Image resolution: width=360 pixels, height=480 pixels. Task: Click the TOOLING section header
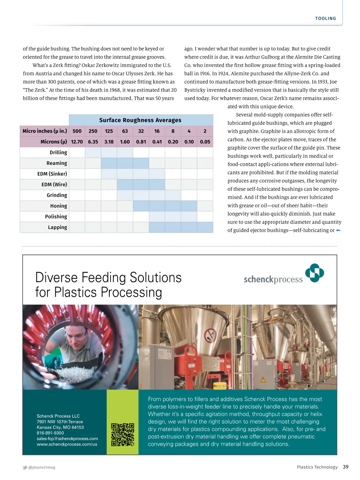(325, 19)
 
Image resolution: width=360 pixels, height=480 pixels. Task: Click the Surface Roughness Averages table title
(140, 120)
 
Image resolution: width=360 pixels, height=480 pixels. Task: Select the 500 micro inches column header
(77, 131)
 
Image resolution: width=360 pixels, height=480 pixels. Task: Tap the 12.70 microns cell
(77, 142)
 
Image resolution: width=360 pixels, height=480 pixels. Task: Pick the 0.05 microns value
(205, 142)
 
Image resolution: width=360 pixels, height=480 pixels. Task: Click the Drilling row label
(58, 152)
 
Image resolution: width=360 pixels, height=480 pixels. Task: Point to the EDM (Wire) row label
(54, 184)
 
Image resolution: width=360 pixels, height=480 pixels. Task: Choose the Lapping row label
(57, 227)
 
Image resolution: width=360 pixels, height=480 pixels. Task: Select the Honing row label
(58, 206)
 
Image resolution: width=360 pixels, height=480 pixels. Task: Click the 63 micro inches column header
(125, 131)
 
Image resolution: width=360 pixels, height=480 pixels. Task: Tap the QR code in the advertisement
(122, 435)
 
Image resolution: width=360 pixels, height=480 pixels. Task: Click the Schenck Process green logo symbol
(314, 273)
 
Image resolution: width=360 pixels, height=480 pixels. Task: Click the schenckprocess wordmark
(273, 280)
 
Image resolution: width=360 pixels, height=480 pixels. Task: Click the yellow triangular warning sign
(263, 380)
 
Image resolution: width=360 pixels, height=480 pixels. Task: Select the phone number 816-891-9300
(50, 433)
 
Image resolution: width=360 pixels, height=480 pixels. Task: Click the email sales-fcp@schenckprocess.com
(67, 439)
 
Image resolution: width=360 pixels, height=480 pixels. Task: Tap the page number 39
(346, 467)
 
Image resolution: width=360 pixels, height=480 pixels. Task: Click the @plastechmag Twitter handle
(42, 467)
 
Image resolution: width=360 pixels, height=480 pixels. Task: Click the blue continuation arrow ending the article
(339, 230)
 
